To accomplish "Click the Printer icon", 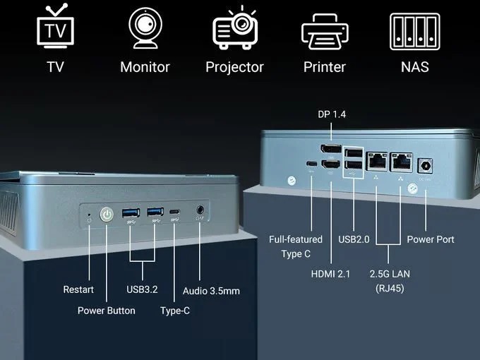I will click(324, 30).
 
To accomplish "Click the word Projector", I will click(234, 67).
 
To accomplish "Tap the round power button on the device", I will click(107, 213).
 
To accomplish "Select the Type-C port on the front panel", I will click(174, 212).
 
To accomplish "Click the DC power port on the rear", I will click(426, 166).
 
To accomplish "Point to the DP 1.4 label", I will click(332, 114).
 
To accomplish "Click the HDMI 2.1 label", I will click(330, 274).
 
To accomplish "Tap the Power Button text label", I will click(106, 311).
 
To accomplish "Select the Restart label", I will click(78, 290).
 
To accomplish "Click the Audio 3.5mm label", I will click(212, 291).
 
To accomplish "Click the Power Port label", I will click(431, 239).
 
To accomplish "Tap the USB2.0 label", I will click(354, 239).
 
